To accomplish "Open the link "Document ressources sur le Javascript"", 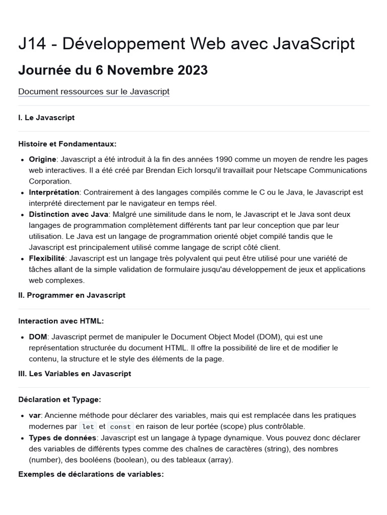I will tap(94, 92).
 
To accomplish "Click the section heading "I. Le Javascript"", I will tap(46, 118).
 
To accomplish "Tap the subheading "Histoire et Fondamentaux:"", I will tap(67, 144).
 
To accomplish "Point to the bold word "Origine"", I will tap(42, 159).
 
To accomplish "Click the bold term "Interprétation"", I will tap(54, 192).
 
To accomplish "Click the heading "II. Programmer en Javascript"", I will tap(72, 295).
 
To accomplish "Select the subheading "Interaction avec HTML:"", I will tap(61, 321).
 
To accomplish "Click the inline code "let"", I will tap(88, 426).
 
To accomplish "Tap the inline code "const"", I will tap(120, 426).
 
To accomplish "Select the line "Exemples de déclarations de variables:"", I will tap(91, 474).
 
